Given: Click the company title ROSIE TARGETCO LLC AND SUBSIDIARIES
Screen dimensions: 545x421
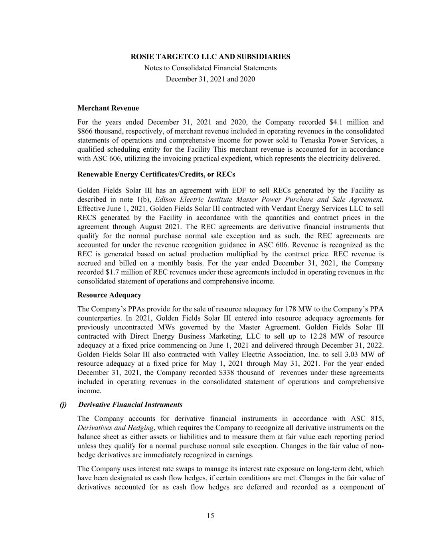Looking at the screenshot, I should tap(210, 57).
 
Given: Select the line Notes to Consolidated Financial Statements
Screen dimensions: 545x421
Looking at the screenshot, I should tap(210, 68).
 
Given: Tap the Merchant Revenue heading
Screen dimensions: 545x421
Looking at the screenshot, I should tap(108, 108).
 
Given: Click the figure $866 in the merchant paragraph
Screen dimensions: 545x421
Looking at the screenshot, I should tap(86, 131).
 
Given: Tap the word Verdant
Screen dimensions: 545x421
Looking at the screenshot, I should tap(283, 209).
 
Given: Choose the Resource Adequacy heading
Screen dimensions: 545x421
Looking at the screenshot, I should tap(109, 295).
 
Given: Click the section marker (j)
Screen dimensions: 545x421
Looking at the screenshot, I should tap(63, 404).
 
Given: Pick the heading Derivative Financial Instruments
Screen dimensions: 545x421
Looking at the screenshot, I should tap(130, 404).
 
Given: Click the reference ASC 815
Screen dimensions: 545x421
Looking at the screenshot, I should tap(367, 419).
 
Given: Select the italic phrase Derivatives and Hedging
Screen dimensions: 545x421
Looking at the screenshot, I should tap(115, 428).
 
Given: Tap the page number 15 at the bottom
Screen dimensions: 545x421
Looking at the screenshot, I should tap(210, 516).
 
